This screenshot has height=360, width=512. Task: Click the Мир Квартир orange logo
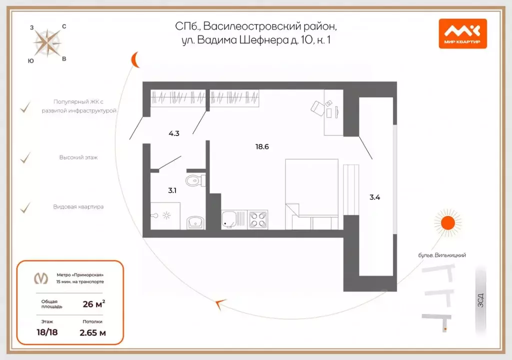[462, 33]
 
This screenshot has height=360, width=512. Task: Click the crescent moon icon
[135, 59]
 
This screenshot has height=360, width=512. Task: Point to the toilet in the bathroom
[194, 179]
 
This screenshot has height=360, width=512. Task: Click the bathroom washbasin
[195, 221]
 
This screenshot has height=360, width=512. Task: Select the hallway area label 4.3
[173, 134]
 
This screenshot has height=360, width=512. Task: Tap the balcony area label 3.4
[374, 197]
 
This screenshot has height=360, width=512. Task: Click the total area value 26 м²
[93, 303]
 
